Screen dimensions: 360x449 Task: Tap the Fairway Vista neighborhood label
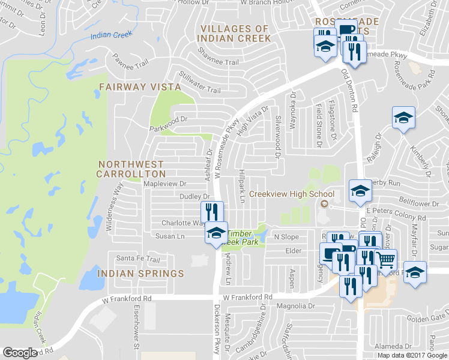pyautogui.click(x=140, y=87)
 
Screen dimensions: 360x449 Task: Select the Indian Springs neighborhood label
pyautogui.click(x=140, y=274)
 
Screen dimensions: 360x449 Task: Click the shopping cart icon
pyautogui.click(x=386, y=260)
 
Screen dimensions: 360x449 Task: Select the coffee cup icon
pyautogui.click(x=346, y=30)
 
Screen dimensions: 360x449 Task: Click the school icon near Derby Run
pyautogui.click(x=360, y=191)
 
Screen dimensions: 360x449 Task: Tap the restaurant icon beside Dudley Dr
pyautogui.click(x=212, y=212)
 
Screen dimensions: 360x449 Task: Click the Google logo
pyautogui.click(x=20, y=352)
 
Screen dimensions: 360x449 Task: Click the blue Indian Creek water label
pyautogui.click(x=111, y=35)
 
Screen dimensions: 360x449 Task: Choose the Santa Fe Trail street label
pyautogui.click(x=138, y=259)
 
